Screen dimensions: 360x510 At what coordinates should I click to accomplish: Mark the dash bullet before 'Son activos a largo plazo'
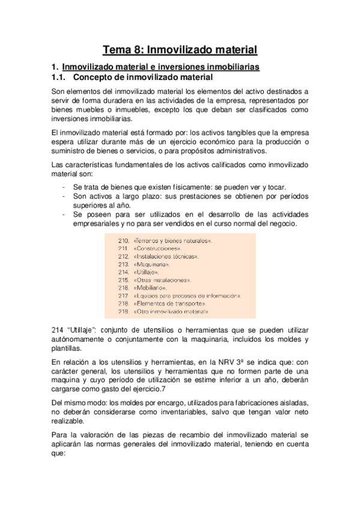click(64, 196)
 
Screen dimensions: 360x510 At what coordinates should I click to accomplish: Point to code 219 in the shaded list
click(124, 312)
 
